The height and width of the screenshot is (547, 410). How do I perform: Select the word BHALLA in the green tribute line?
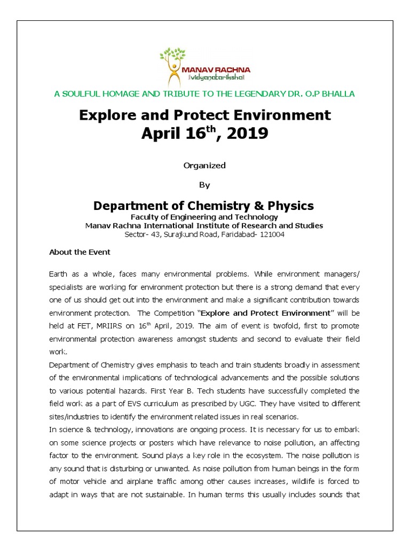tap(340, 94)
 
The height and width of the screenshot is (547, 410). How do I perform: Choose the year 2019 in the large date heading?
tap(247, 134)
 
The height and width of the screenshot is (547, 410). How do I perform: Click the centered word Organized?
tap(204, 166)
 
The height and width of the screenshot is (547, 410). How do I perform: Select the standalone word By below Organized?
tap(204, 185)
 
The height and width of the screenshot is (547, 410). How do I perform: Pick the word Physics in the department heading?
tap(289, 206)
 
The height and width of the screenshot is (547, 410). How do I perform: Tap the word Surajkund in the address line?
tap(185, 234)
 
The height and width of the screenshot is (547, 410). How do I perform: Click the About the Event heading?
tap(80, 252)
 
